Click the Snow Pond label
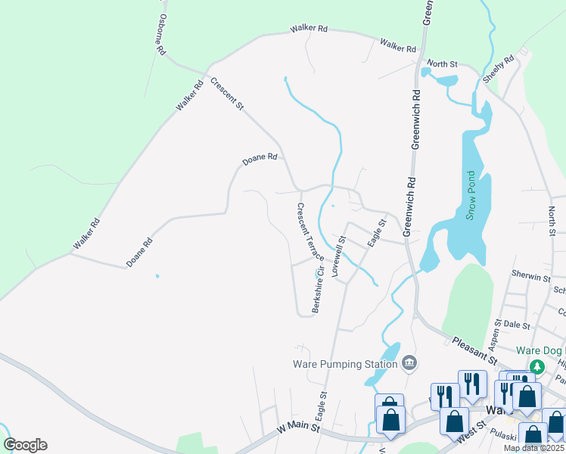[x=470, y=204]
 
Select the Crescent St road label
[x=227, y=95]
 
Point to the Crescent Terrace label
[x=310, y=232]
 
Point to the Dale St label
[x=517, y=324]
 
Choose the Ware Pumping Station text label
[x=345, y=364]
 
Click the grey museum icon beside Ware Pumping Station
[x=409, y=364]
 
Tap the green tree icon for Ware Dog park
[x=537, y=367]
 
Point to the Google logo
[x=25, y=445]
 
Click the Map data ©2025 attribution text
[x=534, y=448]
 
